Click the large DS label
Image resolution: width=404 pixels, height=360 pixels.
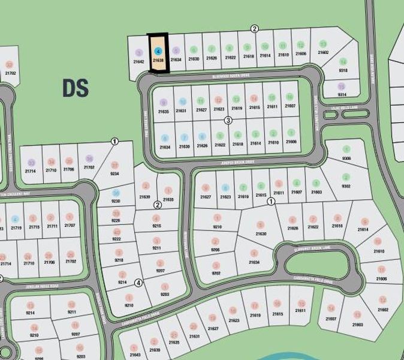pos(76,88)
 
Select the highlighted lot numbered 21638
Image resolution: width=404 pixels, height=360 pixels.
pos(158,61)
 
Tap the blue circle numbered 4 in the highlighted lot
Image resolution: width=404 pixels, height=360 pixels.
pos(158,52)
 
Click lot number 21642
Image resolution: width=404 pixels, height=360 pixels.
pos(139,62)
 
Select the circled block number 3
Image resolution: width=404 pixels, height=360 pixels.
pos(228,121)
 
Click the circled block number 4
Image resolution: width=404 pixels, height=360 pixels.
pos(138,283)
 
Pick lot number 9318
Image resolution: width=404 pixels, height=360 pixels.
pos(343,70)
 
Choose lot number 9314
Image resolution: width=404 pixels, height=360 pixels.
pos(342,94)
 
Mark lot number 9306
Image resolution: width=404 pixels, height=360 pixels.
pos(346,158)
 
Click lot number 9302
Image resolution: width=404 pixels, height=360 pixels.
pos(346,186)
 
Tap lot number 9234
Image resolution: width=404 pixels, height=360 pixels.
pos(114,174)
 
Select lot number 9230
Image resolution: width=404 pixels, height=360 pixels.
pos(116,201)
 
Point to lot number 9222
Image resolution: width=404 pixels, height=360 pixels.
pos(118,239)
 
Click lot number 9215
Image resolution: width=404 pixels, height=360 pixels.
pos(157,226)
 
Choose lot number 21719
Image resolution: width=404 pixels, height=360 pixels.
pos(16,227)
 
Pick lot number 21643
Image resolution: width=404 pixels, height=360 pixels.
pos(135,354)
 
